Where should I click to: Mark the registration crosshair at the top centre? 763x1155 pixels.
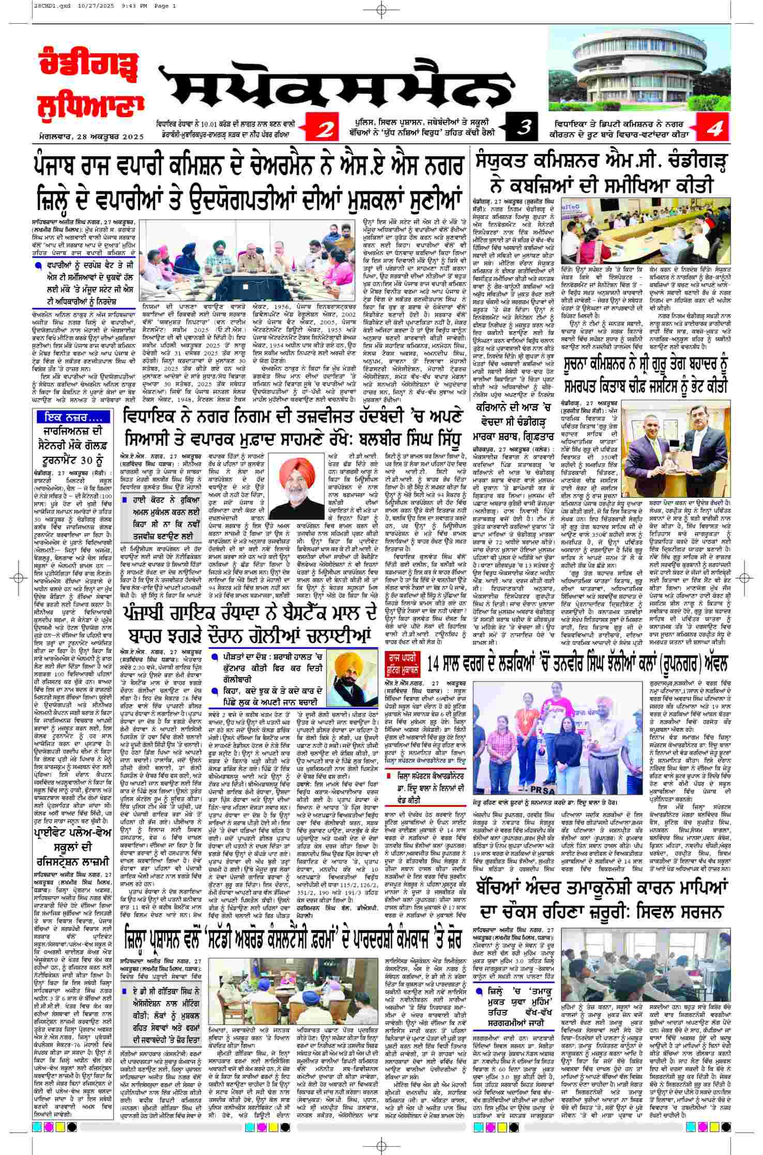click(x=381, y=9)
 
